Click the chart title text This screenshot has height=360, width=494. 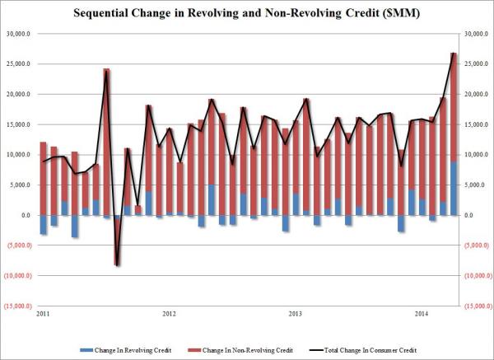(246, 15)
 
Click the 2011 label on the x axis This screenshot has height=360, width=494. (40, 314)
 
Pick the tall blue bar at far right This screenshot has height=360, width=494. (454, 188)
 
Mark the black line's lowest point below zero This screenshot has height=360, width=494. (118, 265)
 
